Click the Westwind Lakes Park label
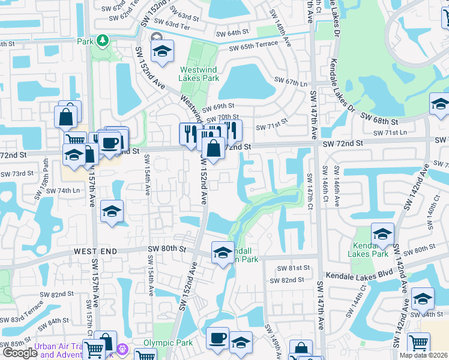click(x=199, y=74)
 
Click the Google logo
click(x=20, y=352)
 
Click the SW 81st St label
click(x=297, y=268)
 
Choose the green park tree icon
click(x=103, y=40)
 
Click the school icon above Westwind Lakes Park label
click(x=161, y=52)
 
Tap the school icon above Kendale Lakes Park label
click(x=382, y=234)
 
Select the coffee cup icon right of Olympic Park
click(x=217, y=338)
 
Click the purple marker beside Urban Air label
click(x=122, y=348)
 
